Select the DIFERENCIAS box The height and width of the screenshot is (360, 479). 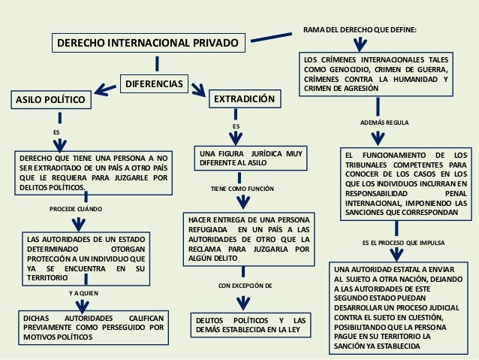[x=152, y=85]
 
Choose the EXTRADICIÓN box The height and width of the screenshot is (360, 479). [x=245, y=100]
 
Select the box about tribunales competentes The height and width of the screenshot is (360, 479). [x=405, y=183]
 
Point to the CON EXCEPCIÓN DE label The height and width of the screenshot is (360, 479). [x=245, y=286]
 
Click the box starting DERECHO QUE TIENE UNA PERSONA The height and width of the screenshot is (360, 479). [x=93, y=173]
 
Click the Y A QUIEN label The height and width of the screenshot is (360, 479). [x=83, y=292]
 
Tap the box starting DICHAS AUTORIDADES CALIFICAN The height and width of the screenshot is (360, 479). [x=93, y=328]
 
